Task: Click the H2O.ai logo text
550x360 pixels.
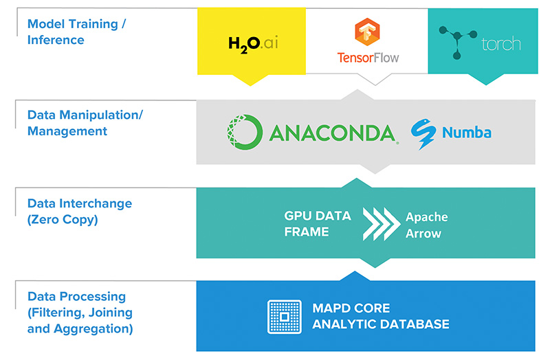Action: [x=253, y=45]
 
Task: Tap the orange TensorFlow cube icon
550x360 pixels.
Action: [x=367, y=32]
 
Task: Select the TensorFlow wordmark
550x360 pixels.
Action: [x=368, y=58]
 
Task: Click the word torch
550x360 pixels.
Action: [x=501, y=44]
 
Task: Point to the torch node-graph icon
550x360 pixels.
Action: [x=457, y=42]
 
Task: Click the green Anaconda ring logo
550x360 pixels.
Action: [x=245, y=132]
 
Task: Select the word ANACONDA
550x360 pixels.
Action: [x=332, y=133]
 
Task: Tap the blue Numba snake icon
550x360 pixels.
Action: [x=423, y=134]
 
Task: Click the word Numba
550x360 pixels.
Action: [x=467, y=133]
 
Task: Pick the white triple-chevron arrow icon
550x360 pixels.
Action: [x=382, y=224]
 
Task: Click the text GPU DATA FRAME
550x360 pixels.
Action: [x=318, y=224]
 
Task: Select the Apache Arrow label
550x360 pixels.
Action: [x=426, y=225]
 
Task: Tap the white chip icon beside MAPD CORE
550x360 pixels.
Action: [x=285, y=317]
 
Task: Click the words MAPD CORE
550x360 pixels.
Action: [x=351, y=308]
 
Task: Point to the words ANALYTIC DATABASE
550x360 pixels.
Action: [x=381, y=324]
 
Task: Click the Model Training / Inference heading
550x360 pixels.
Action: [x=76, y=32]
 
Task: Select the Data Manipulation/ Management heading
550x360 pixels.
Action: [x=85, y=123]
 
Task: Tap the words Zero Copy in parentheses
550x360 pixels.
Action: [x=63, y=220]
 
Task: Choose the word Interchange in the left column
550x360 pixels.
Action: [x=96, y=203]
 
